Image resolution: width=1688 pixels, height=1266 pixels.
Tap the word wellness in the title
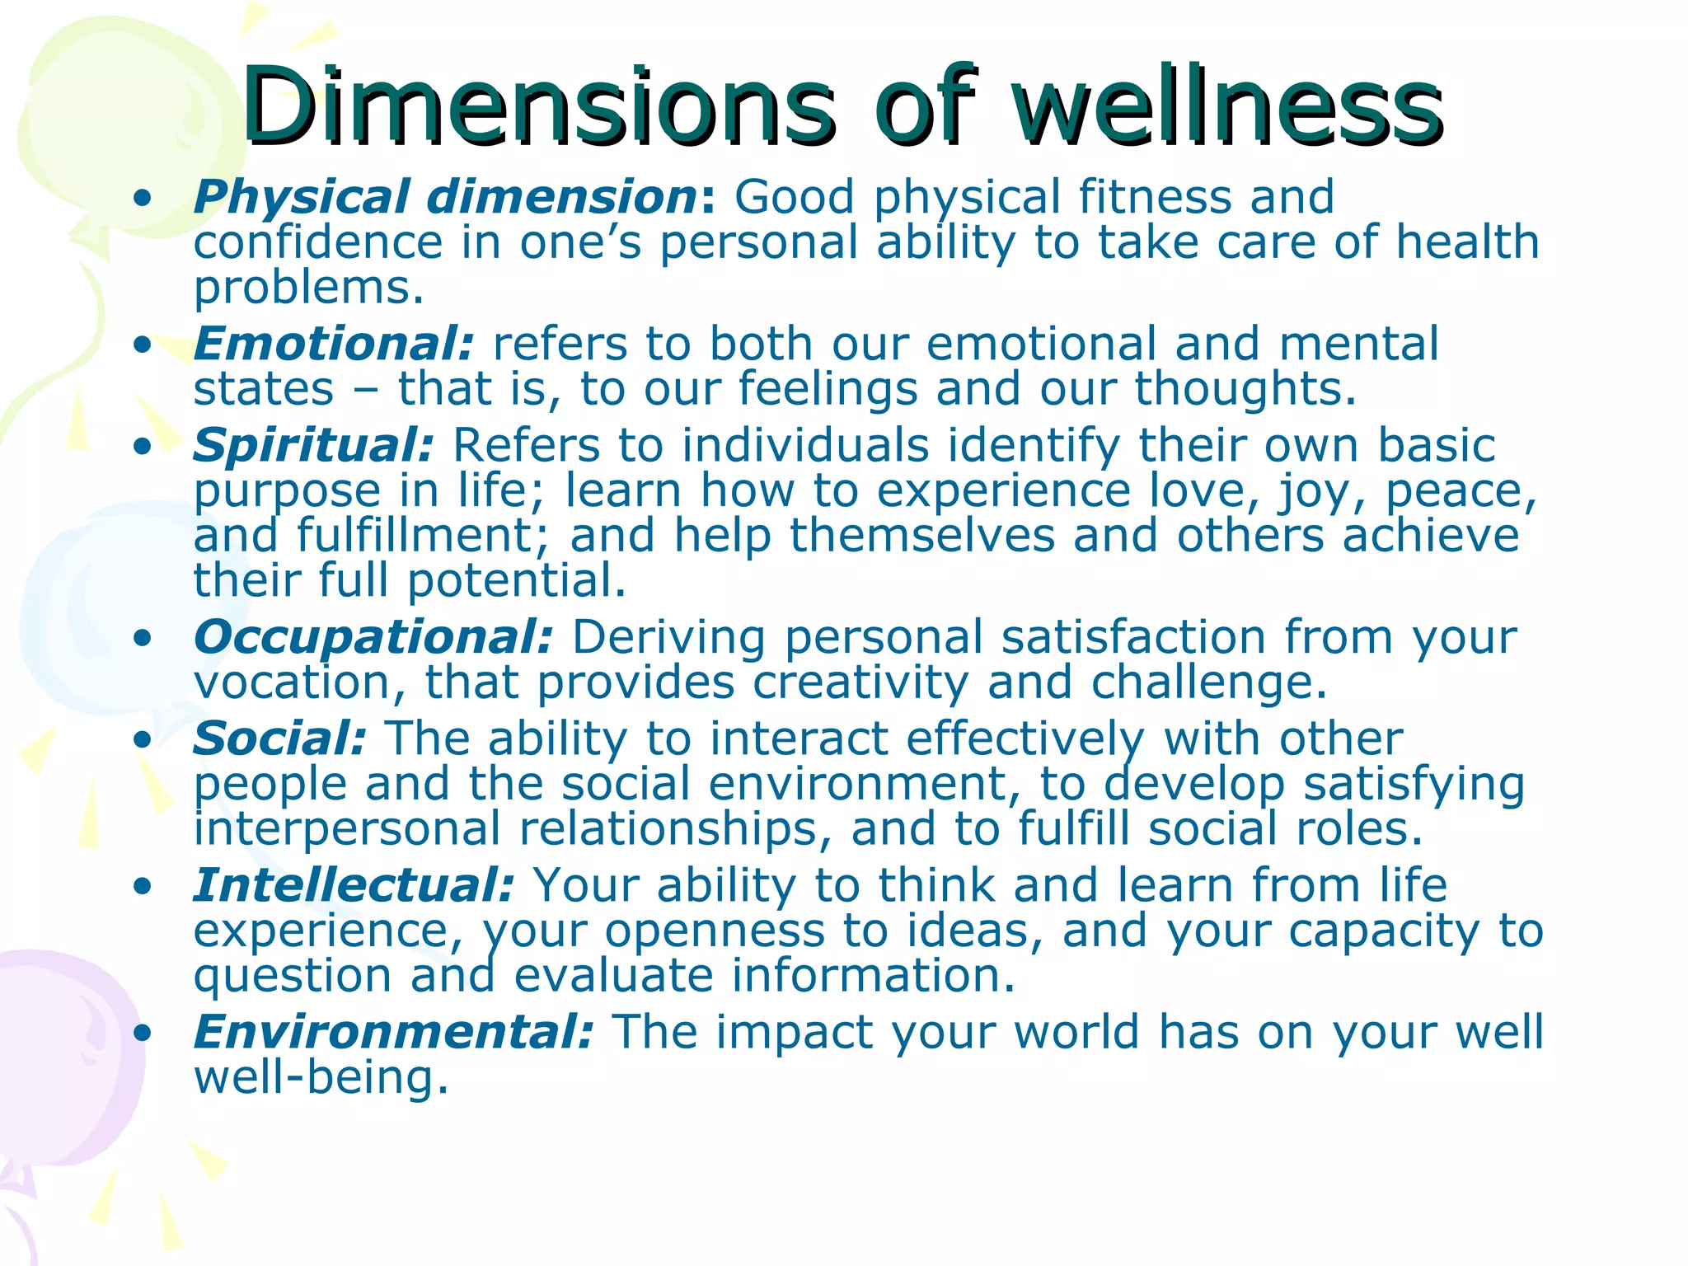pos(1228,107)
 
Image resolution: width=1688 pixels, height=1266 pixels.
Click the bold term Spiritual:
pos(313,446)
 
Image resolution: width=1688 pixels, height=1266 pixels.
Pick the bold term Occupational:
pos(373,637)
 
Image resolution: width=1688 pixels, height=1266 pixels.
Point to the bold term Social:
pos(279,738)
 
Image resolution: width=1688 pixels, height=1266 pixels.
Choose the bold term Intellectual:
pos(354,885)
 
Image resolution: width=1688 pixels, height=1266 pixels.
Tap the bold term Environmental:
pos(393,1032)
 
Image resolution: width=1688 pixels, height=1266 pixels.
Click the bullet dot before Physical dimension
pos(143,199)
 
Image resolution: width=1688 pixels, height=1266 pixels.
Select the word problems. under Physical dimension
pos(309,288)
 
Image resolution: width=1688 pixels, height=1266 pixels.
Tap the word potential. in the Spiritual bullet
pos(517,580)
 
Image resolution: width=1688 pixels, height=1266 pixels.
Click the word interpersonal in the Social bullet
pos(347,829)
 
